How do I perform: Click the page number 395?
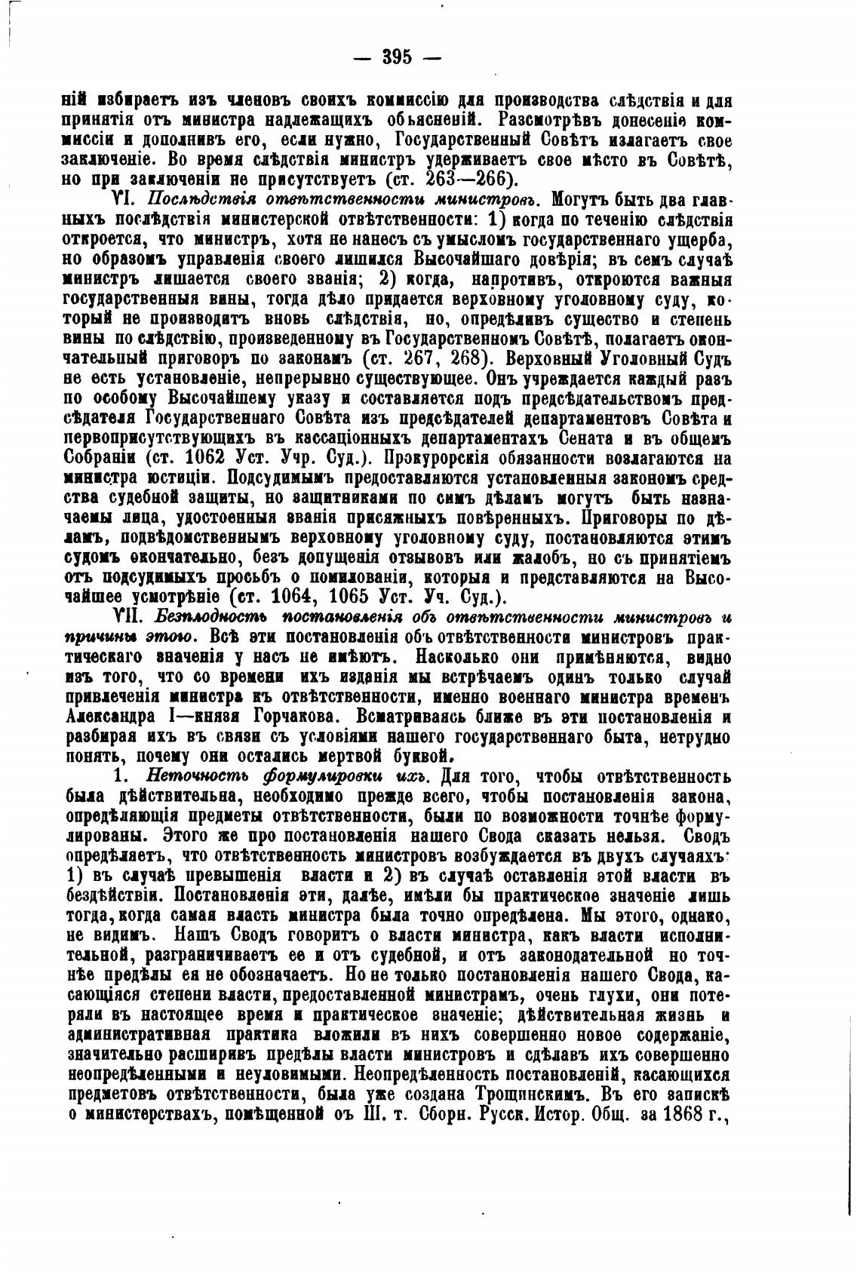[400, 57]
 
